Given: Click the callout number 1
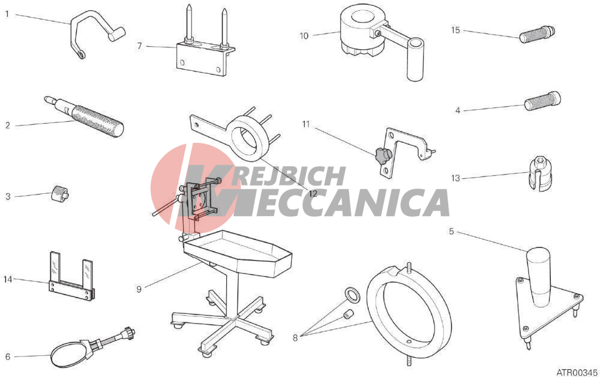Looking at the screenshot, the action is tap(7, 14).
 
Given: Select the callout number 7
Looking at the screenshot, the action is tap(140, 46).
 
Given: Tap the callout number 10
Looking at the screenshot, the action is tap(304, 35).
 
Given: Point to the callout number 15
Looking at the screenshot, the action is tap(455, 30).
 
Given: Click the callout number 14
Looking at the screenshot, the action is tap(8, 279).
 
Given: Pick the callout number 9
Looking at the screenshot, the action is tap(139, 289).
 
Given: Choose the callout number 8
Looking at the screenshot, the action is tap(295, 338).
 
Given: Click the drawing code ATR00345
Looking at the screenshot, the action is tap(577, 372).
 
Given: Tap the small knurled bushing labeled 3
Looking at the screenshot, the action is tap(60, 192).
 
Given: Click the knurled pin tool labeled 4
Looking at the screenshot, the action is tap(542, 101).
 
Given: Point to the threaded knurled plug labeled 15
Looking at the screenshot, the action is tap(537, 34).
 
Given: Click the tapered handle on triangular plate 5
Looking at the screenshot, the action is tap(539, 277).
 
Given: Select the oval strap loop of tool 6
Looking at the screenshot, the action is tap(68, 354).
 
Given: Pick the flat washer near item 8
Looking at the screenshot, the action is tap(352, 295).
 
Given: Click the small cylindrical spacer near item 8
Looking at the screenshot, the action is tap(348, 314).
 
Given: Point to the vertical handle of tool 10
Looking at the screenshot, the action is tap(415, 59).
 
